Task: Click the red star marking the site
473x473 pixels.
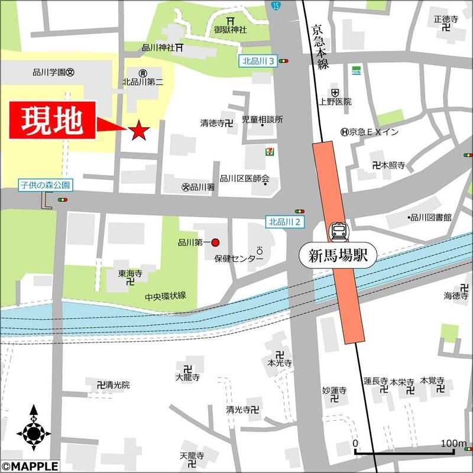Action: click(x=139, y=131)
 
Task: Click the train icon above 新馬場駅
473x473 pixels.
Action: click(x=339, y=232)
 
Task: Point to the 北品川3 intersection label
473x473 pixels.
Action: click(x=258, y=60)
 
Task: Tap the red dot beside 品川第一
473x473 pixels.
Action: click(x=215, y=242)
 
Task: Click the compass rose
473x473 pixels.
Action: click(x=33, y=433)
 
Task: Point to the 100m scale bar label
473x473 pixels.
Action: click(x=453, y=443)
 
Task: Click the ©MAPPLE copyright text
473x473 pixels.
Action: click(x=30, y=466)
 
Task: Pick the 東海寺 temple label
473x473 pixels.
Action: click(x=129, y=274)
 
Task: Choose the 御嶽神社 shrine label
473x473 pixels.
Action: click(x=230, y=30)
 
